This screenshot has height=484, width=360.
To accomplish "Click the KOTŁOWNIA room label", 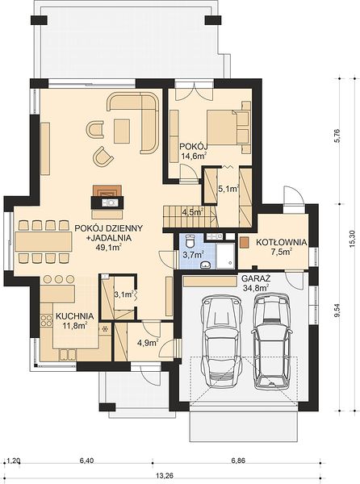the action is [x=281, y=242].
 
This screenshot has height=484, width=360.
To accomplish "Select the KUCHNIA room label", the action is [x=75, y=316].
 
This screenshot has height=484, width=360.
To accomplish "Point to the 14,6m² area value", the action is [x=194, y=156].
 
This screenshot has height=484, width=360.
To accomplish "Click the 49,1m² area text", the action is [x=108, y=247].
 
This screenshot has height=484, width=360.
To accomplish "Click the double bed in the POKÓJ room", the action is [x=228, y=127].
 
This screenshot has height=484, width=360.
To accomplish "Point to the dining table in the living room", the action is [x=44, y=241].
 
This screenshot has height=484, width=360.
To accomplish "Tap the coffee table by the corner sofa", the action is [x=122, y=131].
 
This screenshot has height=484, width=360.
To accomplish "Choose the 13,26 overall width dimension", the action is [x=164, y=475].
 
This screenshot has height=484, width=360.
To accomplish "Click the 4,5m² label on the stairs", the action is [x=192, y=212].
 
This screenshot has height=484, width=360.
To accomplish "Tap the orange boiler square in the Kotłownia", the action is [x=245, y=242].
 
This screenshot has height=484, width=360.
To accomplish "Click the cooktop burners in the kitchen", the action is [x=47, y=320].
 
